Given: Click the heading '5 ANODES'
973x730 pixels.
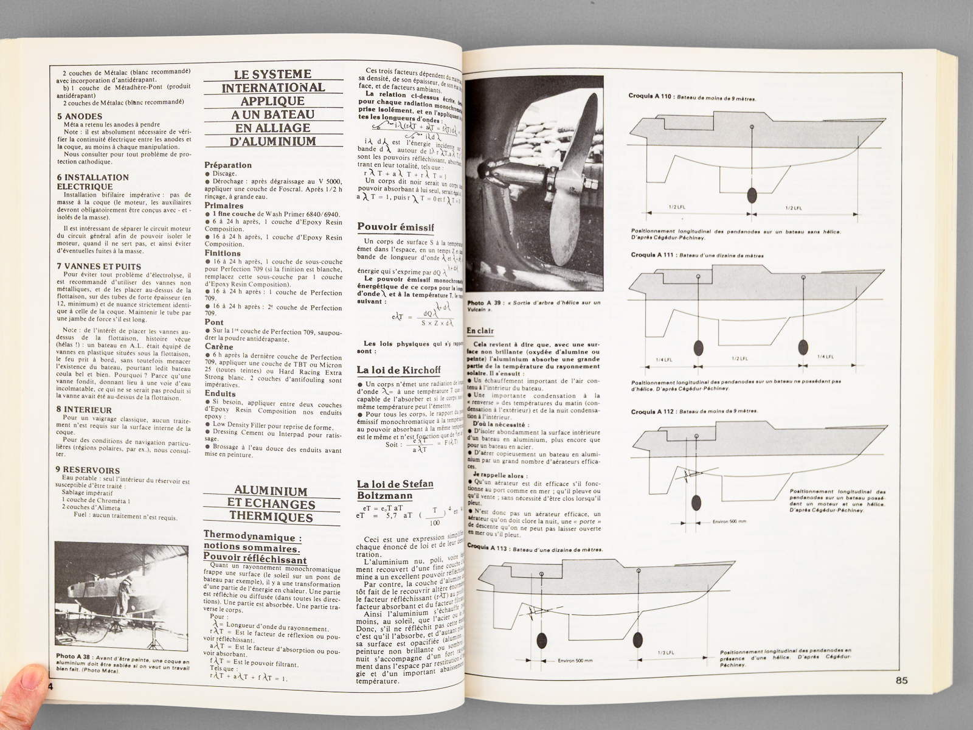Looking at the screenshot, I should pyautogui.click(x=80, y=116).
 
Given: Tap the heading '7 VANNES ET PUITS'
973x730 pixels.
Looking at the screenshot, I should pyautogui.click(x=99, y=266).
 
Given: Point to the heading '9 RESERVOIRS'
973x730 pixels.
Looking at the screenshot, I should pyautogui.click(x=88, y=470).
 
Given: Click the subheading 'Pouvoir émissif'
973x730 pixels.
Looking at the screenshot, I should pyautogui.click(x=395, y=228).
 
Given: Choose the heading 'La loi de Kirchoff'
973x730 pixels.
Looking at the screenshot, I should pyautogui.click(x=399, y=370).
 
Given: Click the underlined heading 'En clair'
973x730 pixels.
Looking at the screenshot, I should pyautogui.click(x=480, y=331).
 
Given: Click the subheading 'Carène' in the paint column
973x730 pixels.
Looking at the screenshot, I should pyautogui.click(x=218, y=346).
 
